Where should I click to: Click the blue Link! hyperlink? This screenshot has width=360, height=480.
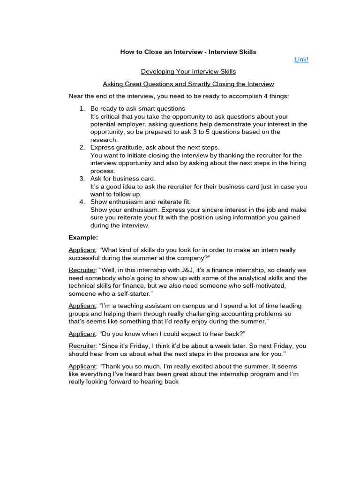pyautogui.click(x=301, y=60)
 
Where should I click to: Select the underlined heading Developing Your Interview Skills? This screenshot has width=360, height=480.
pyautogui.click(x=188, y=72)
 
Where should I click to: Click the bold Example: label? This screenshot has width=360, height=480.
pyautogui.click(x=83, y=238)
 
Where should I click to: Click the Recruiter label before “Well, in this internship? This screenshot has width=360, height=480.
pyautogui.click(x=82, y=270)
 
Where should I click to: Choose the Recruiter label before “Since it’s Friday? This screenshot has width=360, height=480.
pyautogui.click(x=82, y=346)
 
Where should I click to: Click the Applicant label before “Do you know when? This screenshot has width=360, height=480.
pyautogui.click(x=82, y=334)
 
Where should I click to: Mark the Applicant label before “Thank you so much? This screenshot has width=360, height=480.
pyautogui.click(x=82, y=366)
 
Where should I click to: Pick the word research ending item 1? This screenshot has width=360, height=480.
pyautogui.click(x=104, y=140)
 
